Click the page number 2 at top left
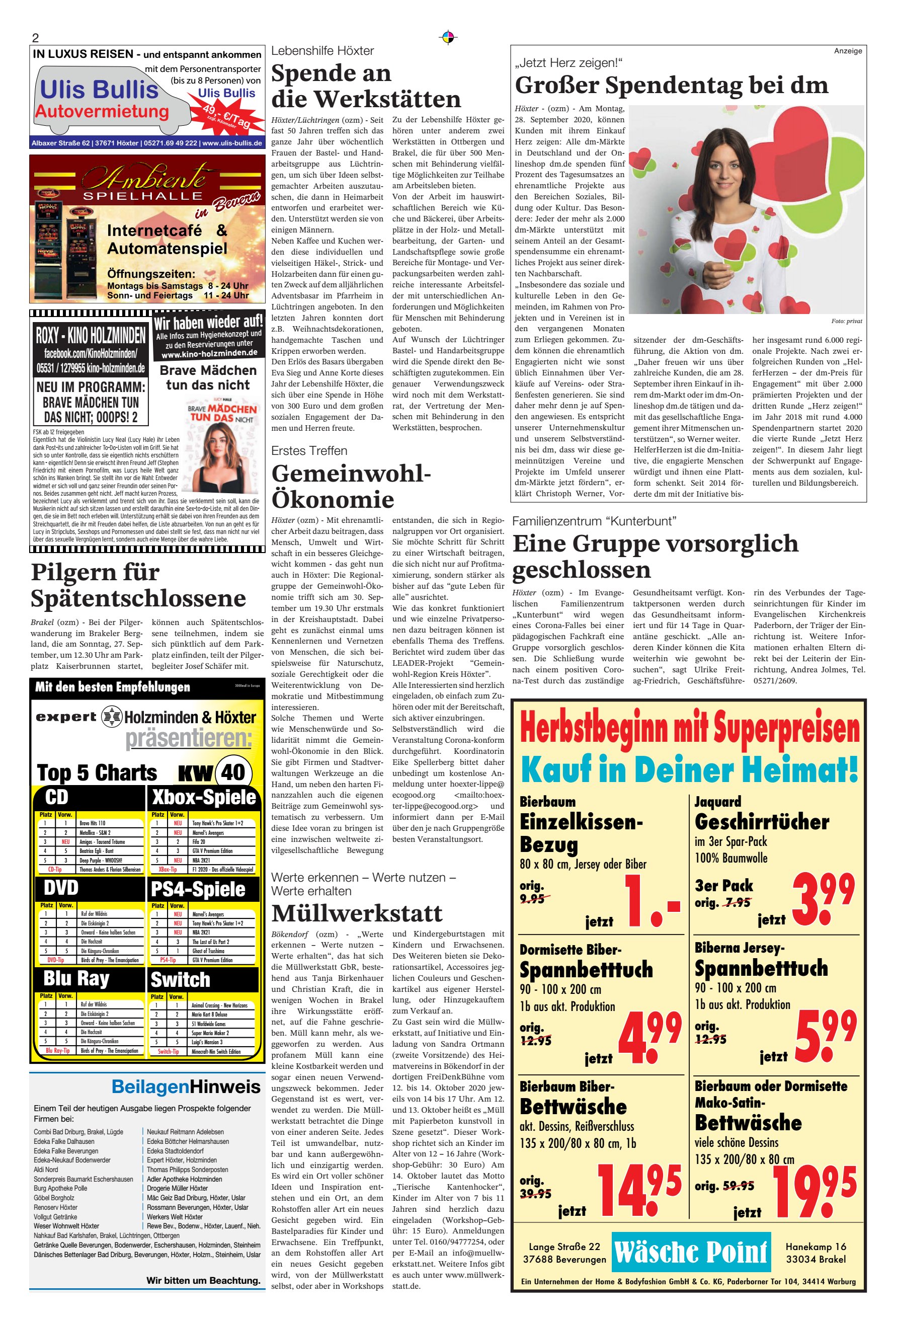[x=35, y=38]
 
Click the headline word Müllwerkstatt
[x=357, y=913]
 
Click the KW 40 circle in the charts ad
[x=232, y=772]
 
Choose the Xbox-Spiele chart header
[x=204, y=797]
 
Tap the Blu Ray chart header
[x=76, y=978]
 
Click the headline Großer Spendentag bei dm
[x=671, y=86]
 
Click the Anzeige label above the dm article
[x=848, y=51]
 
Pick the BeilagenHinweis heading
[x=186, y=1086]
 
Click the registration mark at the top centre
[x=448, y=38]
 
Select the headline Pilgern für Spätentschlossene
[x=138, y=585]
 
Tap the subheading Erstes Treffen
[x=309, y=450]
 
